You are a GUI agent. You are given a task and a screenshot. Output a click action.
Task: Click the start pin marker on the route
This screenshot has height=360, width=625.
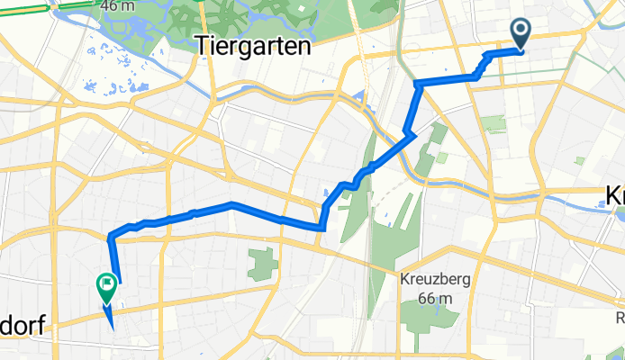(521, 32)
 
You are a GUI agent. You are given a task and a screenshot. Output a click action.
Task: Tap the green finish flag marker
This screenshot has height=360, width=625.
(106, 286)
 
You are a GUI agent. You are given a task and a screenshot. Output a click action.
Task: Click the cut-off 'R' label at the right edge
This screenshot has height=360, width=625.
(620, 318)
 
